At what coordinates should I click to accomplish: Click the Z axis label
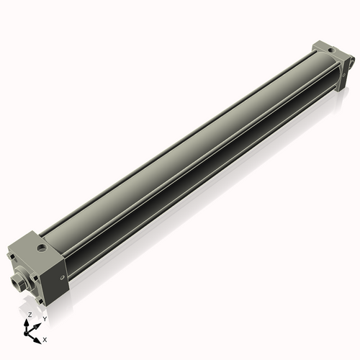point(30,315)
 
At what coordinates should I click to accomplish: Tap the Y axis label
point(44,318)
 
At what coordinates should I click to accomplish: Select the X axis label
point(45,338)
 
